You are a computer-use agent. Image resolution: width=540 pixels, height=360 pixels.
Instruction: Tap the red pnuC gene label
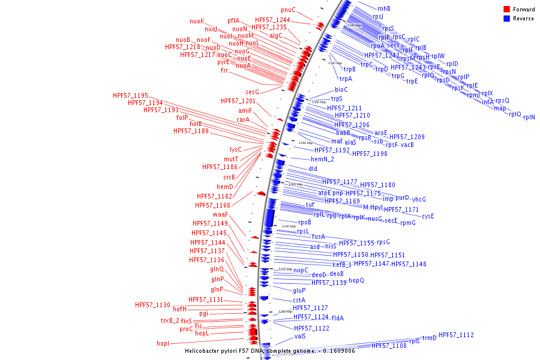coord(288,10)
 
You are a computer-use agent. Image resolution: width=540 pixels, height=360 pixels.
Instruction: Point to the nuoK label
coord(197,21)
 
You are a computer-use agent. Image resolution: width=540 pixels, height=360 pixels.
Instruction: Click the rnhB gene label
coord(384,8)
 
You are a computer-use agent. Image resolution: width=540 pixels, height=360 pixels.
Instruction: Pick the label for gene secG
coord(252,92)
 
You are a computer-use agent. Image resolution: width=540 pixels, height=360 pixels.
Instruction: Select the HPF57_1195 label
coord(130,95)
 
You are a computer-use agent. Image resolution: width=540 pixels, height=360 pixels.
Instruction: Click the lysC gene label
coord(235,149)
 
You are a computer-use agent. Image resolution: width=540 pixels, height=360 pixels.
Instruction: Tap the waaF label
coord(220,214)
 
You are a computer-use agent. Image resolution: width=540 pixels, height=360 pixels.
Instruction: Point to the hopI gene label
coord(163,343)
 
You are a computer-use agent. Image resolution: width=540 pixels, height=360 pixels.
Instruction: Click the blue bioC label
coord(341,89)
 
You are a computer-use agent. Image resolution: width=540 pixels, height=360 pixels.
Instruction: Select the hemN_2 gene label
coord(322,159)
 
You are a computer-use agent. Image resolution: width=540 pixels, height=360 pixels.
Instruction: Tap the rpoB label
coord(304,222)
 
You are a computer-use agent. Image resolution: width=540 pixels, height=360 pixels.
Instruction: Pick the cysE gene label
coord(428,216)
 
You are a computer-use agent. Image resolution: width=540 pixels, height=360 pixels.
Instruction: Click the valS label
coord(300,337)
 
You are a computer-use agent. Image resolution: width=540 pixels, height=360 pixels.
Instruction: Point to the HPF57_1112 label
coord(456,335)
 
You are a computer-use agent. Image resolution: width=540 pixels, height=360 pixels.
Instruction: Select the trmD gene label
coord(430,338)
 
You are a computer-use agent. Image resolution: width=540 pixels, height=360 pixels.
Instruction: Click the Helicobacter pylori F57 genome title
coord(269,350)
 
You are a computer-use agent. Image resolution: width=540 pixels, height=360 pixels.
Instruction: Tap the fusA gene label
coord(318,236)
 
